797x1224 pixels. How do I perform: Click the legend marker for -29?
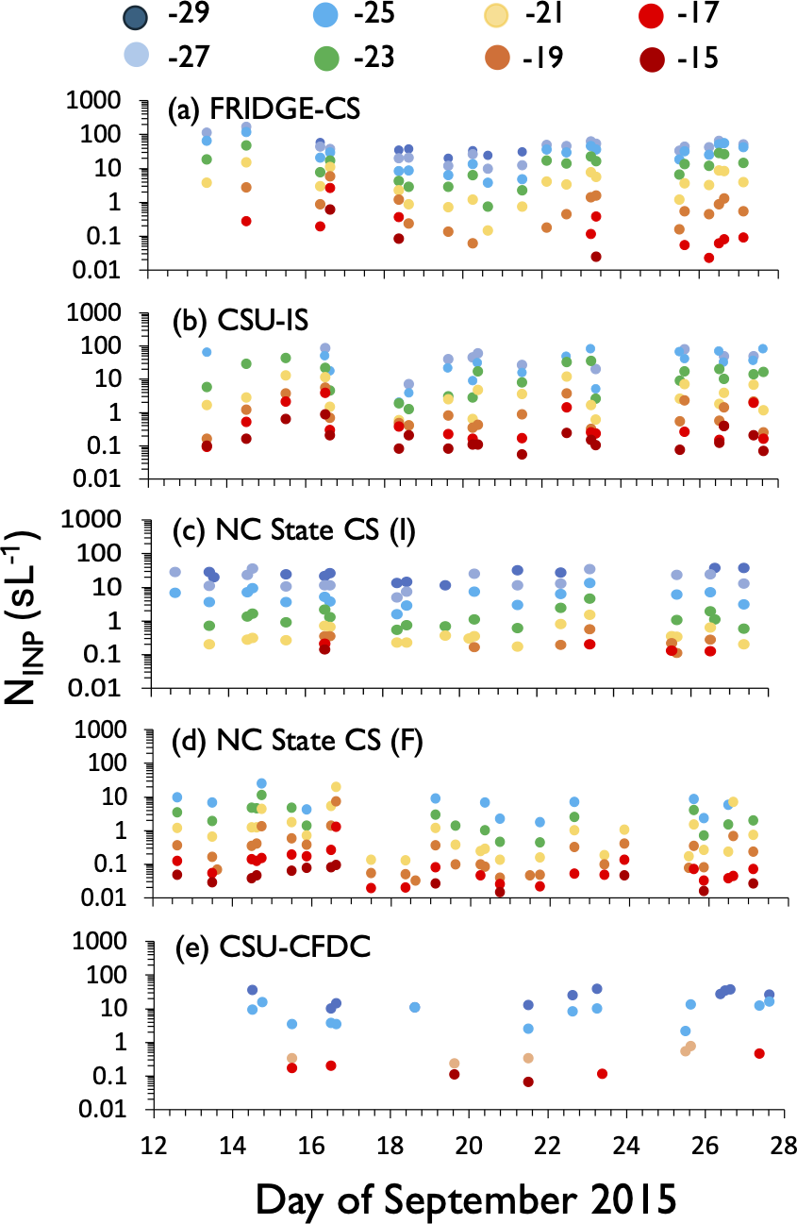tap(136, 19)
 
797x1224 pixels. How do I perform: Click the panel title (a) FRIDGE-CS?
tap(265, 109)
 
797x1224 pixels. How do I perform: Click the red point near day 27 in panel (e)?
tap(759, 1053)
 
